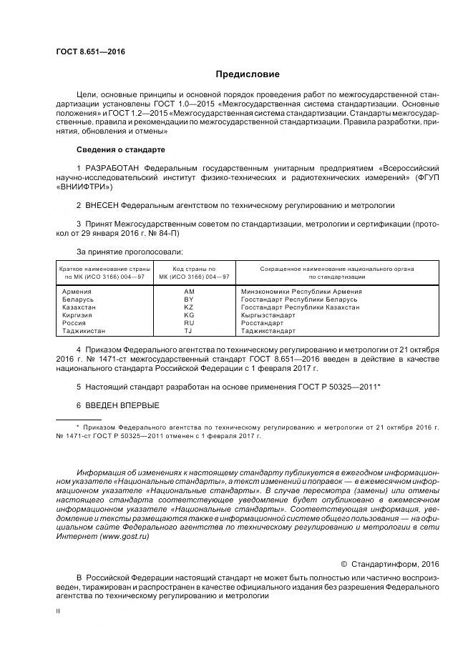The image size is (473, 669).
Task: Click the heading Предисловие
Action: click(248, 74)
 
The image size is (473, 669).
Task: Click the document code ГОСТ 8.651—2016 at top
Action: click(84, 51)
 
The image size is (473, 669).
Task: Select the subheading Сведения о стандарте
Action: click(120, 149)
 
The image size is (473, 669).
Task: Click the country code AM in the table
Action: click(189, 292)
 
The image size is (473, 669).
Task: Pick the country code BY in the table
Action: click(189, 299)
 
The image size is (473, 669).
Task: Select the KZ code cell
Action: click(189, 307)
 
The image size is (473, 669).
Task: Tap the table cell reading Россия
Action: click(74, 323)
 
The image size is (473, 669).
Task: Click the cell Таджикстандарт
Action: click(268, 331)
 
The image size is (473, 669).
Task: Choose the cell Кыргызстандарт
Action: click(268, 315)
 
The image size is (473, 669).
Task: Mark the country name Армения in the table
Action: click(77, 292)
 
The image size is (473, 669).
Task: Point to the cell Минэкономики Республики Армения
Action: click(301, 292)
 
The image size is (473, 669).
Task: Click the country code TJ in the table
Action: click(189, 331)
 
